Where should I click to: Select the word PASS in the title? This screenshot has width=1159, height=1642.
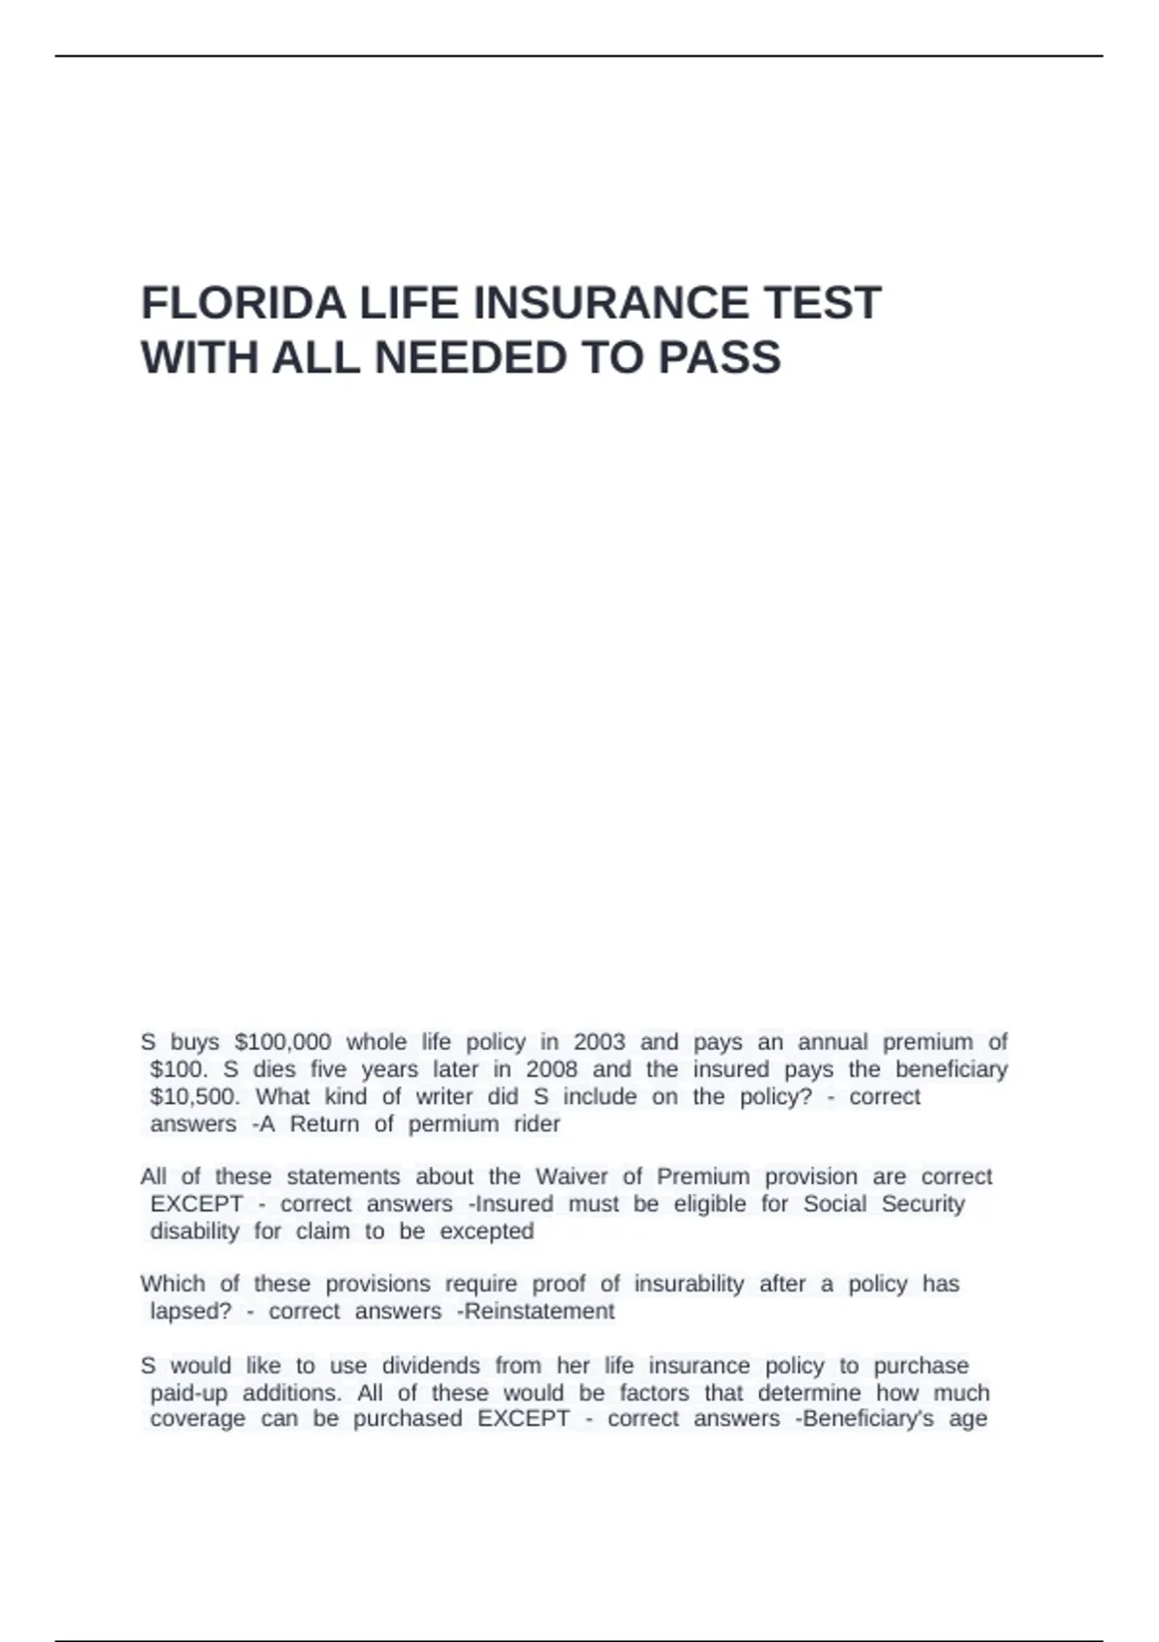point(720,358)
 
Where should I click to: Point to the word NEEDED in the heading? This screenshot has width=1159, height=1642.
point(470,358)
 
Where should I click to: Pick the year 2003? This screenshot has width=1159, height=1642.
point(599,1042)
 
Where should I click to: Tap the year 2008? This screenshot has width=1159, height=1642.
point(551,1069)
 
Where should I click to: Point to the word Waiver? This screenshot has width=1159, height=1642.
point(572,1176)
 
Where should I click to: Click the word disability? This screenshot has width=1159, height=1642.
point(194,1231)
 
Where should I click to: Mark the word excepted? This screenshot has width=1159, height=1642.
point(487,1231)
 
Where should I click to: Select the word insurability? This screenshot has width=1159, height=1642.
point(689,1284)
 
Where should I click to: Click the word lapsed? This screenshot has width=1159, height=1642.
point(190,1311)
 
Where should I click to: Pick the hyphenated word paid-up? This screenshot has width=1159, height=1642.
point(188,1393)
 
